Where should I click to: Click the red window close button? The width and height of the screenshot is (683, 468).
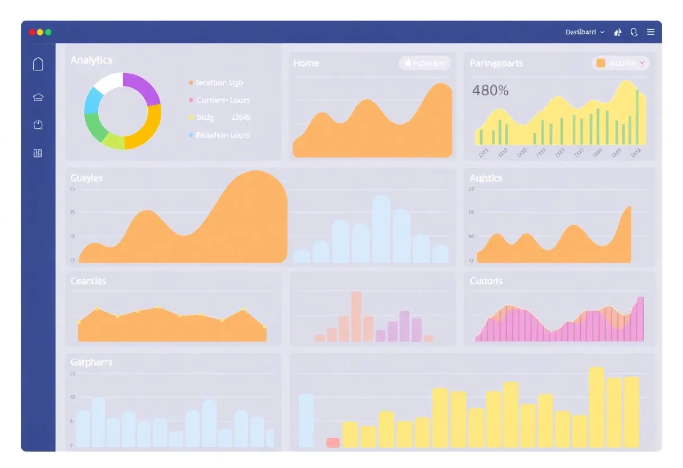point(32,33)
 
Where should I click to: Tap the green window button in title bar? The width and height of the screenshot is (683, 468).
point(48,33)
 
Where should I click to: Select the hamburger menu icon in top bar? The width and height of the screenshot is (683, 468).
point(650,33)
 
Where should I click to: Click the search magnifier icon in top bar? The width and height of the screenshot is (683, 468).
point(634,33)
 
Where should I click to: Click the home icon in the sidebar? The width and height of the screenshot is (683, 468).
point(38,64)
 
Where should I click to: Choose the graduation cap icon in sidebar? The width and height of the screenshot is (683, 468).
point(38,97)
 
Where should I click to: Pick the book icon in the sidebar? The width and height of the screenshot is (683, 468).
point(38,153)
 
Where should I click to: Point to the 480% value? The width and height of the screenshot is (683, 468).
point(490,90)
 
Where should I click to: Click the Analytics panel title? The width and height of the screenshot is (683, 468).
point(91,60)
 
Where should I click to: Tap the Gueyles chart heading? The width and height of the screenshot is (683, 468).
point(86,178)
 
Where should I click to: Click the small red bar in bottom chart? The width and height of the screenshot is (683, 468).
point(333,443)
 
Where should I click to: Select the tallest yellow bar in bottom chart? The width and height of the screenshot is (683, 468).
point(596,407)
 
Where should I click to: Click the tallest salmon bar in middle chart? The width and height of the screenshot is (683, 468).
point(356,316)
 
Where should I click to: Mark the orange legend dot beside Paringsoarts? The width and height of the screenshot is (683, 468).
point(600,64)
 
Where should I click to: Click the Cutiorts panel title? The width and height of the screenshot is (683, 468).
point(486,281)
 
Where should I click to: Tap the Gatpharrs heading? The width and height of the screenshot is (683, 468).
point(91,362)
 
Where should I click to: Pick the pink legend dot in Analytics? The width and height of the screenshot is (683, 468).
point(191,100)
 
